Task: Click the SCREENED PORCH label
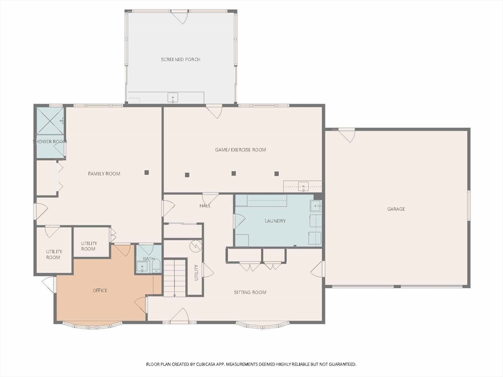[x=181, y=59]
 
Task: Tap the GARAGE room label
[x=396, y=209]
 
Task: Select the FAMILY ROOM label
[x=104, y=174]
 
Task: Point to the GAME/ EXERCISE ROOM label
[x=240, y=150]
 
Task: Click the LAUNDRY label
[x=275, y=221]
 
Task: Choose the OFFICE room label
[x=100, y=291]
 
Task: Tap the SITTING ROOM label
[x=250, y=293]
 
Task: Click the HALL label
[x=205, y=206]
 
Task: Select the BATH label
[x=148, y=259]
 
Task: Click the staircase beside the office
[x=175, y=278]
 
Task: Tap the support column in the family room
[x=146, y=172]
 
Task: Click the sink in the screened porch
[x=173, y=98]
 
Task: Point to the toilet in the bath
[x=156, y=266]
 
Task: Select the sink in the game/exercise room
[x=303, y=186]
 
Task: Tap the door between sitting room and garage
[x=318, y=269]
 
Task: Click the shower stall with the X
[x=50, y=121]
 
